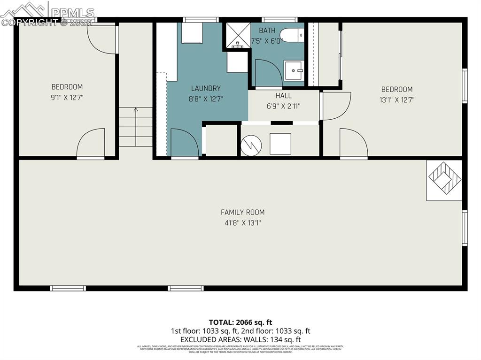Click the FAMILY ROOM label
point(242,212)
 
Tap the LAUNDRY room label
point(206,88)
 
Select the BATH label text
point(267,31)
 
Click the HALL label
point(283,96)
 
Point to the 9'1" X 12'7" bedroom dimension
point(67,98)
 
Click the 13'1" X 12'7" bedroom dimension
point(397,100)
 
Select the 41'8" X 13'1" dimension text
point(242,223)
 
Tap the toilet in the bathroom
point(292,35)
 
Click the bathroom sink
point(294,71)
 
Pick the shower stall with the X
point(238,35)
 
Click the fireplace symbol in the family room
point(444,180)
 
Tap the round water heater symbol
point(250,146)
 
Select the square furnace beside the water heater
point(280,144)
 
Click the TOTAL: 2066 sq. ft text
point(240,322)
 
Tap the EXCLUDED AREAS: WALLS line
point(240,339)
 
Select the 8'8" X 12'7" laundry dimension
point(206,99)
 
